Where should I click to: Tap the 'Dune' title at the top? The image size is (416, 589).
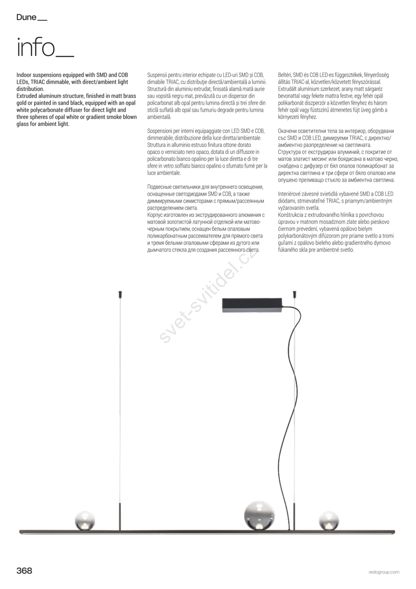[26, 17]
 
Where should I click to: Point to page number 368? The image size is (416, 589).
[24, 571]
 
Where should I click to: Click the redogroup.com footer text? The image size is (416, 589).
[384, 572]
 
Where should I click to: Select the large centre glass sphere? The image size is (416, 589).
[259, 515]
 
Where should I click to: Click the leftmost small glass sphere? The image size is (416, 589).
[85, 521]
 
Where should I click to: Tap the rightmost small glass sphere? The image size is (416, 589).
[328, 521]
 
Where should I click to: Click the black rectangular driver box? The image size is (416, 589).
[252, 305]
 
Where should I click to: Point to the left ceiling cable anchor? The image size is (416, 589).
[120, 294]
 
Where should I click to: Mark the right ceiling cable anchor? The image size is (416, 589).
[294, 294]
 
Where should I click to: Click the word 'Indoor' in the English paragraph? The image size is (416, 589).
[24, 75]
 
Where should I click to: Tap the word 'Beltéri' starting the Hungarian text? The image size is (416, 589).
[285, 75]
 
